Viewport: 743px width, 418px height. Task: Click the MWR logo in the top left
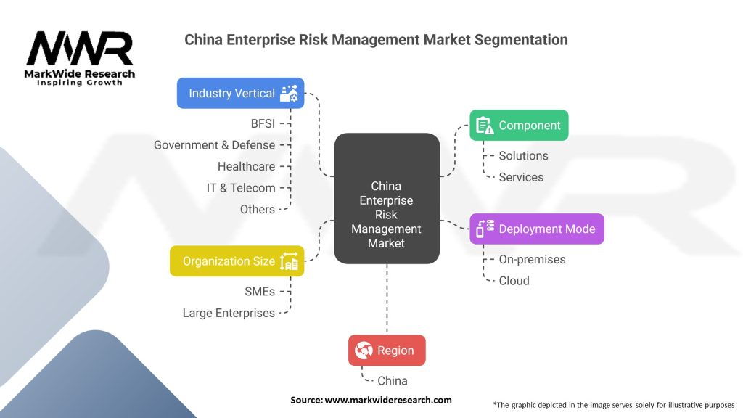[x=80, y=58]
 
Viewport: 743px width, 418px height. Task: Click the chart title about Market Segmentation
[x=376, y=38]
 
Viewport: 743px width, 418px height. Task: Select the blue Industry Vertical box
[x=240, y=93]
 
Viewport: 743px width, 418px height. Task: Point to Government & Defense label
[x=214, y=145]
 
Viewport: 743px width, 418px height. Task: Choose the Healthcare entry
[x=246, y=166]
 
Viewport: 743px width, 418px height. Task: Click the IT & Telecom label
[x=241, y=188]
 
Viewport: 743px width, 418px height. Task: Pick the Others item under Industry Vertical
[x=258, y=209]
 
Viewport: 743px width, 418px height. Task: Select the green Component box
[x=519, y=126]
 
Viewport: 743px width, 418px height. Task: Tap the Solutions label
[x=523, y=155]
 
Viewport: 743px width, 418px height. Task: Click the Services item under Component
[x=521, y=177]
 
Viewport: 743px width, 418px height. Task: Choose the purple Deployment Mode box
[x=536, y=229]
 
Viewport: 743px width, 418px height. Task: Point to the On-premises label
[x=532, y=259]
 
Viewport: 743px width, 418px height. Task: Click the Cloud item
[x=514, y=281]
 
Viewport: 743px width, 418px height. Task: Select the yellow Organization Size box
[x=237, y=261]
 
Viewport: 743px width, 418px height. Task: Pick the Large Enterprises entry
[x=229, y=313]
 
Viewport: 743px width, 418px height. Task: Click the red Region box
[x=387, y=351]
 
